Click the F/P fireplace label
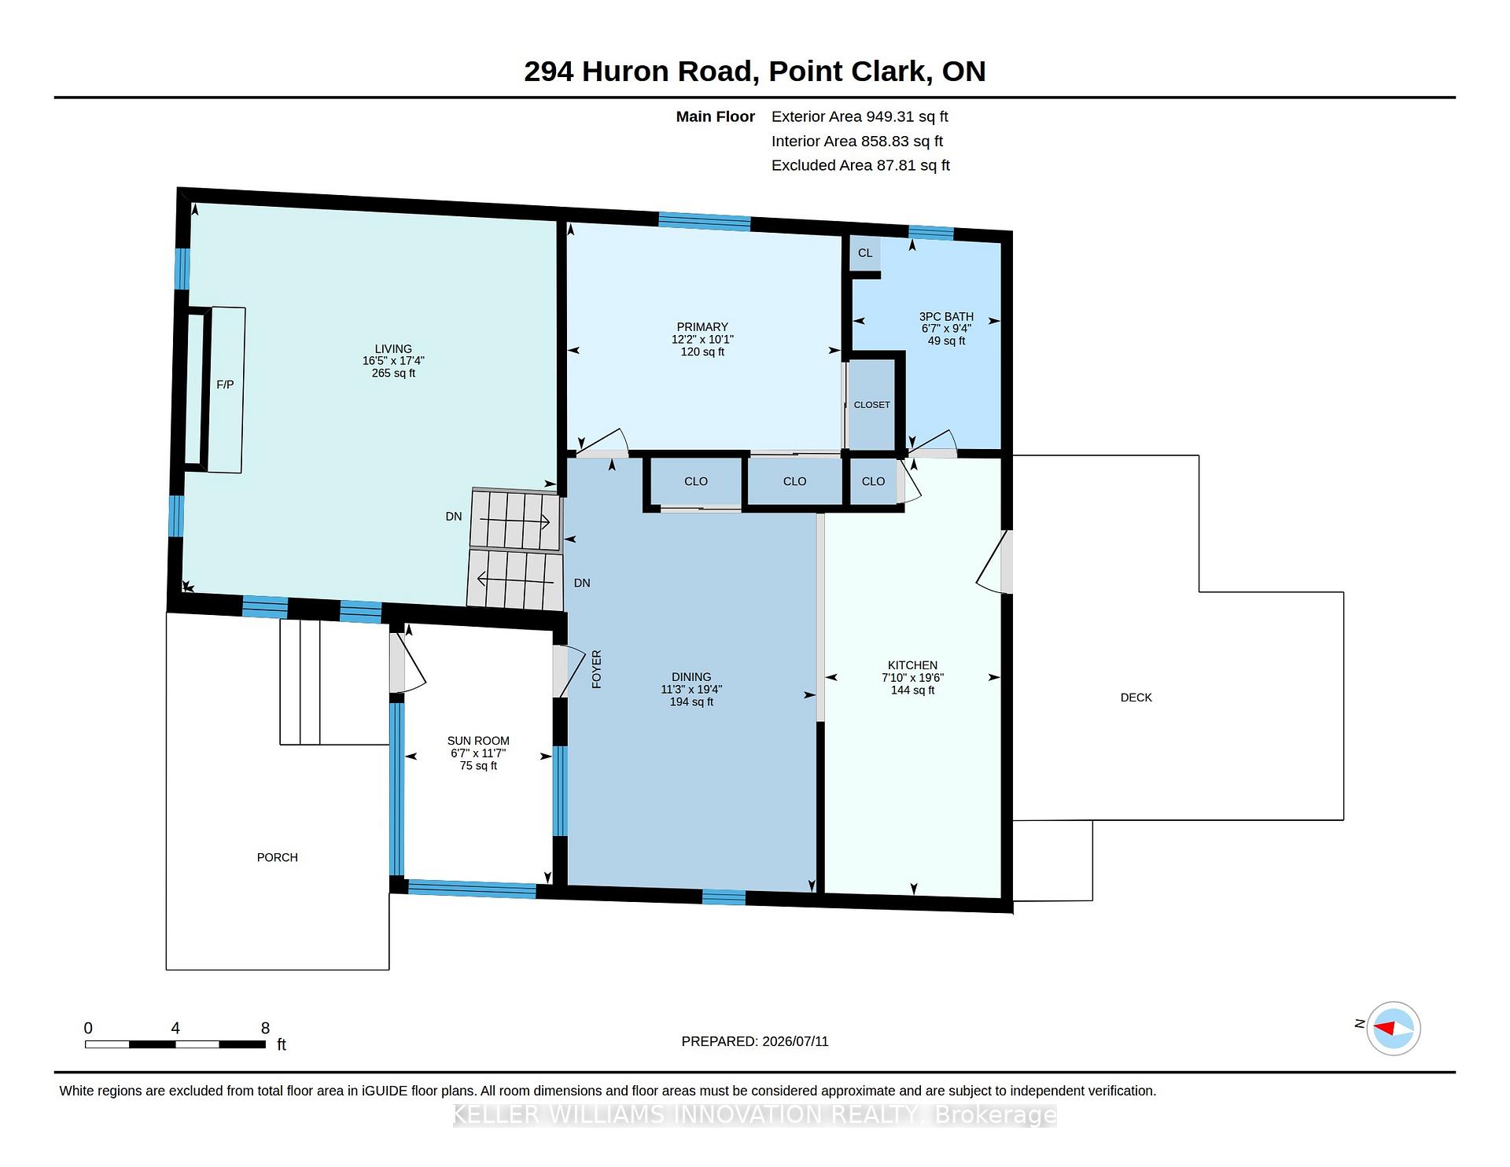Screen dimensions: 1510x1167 pos(225,385)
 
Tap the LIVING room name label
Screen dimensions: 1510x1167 pos(393,348)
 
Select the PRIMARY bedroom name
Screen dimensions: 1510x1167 pos(702,327)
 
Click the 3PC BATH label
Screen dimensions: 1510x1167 pos(947,316)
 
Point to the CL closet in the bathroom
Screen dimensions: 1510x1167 pos(865,252)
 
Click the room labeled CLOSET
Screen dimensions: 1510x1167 pos(872,405)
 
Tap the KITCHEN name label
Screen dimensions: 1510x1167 pos(912,665)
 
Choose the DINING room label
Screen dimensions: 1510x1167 pos(691,677)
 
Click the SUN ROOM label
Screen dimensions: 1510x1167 pos(478,741)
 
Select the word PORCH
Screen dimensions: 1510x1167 pos(278,857)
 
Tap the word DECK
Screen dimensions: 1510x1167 pos(1136,698)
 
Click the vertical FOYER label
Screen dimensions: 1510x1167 pos(596,669)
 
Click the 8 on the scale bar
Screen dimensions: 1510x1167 pos(266,1028)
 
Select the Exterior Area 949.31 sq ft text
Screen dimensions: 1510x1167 pos(860,116)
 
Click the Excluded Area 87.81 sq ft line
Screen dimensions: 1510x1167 pos(860,165)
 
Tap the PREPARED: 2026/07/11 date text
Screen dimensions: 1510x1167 pos(755,1041)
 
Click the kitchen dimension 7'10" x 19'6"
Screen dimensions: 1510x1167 pos(912,678)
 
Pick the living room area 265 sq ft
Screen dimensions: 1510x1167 pos(393,374)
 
